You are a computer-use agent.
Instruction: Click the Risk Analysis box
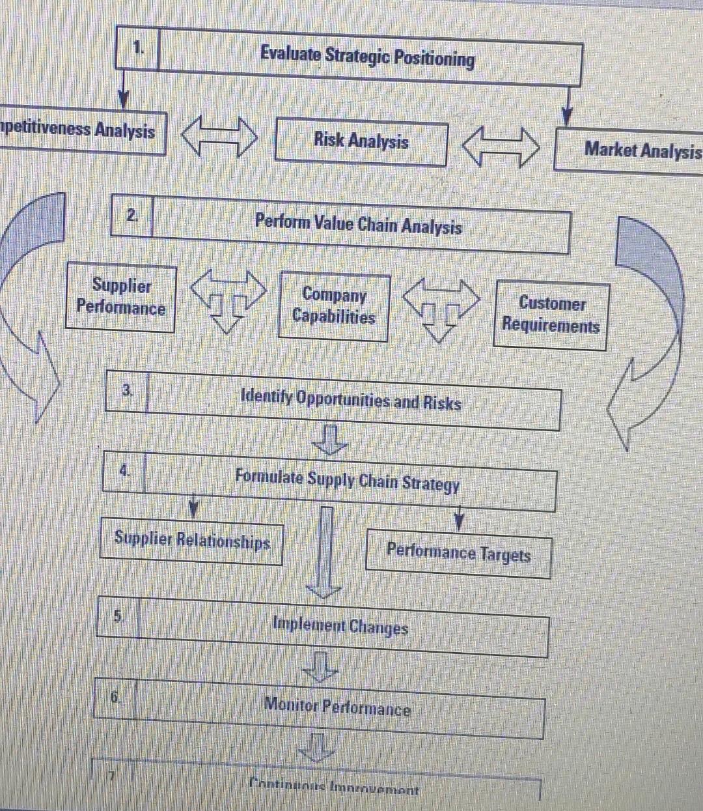[361, 142]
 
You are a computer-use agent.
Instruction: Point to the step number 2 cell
[133, 215]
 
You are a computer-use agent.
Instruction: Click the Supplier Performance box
[121, 298]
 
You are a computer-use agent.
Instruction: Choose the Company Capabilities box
[334, 306]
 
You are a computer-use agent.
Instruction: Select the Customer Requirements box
[551, 315]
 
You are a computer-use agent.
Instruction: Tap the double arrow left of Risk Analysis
[219, 136]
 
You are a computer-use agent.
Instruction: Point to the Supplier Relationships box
[192, 541]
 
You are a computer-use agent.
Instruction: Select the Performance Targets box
[458, 554]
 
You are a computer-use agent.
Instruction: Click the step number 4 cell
[124, 470]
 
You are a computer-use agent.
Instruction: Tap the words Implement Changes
[340, 627]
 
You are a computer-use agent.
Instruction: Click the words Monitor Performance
[337, 707]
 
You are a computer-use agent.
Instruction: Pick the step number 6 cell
[115, 698]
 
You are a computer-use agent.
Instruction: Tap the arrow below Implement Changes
[320, 666]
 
